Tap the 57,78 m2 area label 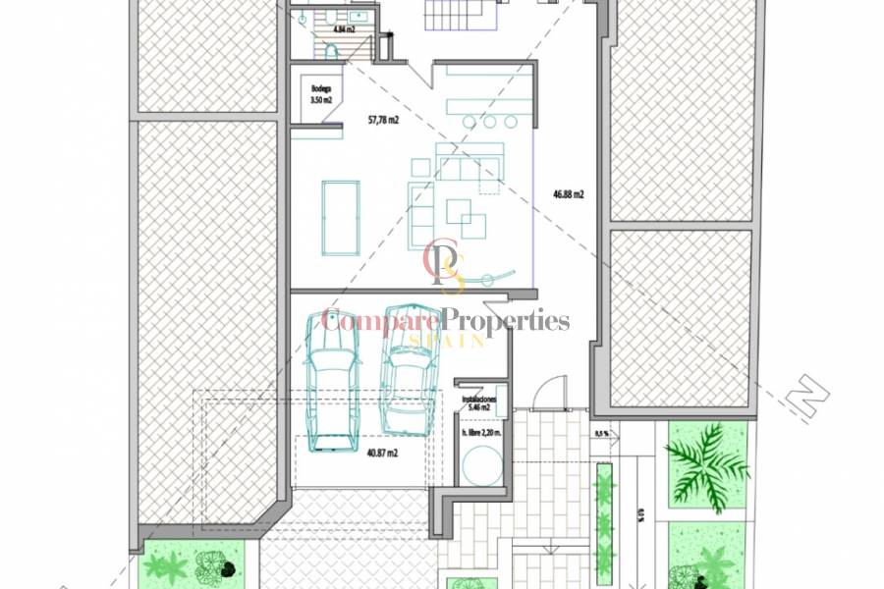[x=383, y=121]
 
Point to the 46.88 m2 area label [x=569, y=194]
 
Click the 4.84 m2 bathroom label [x=344, y=29]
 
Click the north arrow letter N [x=812, y=396]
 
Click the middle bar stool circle [x=488, y=122]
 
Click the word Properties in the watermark [x=505, y=319]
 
